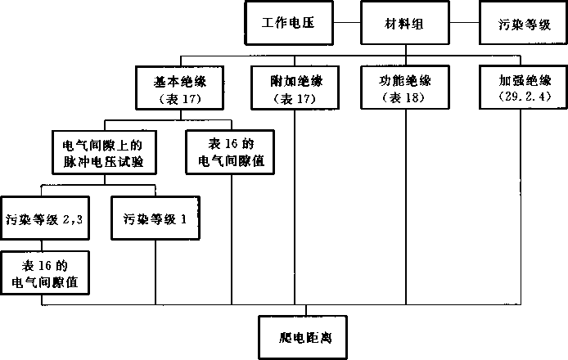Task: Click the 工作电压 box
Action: (x=289, y=23)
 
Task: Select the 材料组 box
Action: (x=406, y=23)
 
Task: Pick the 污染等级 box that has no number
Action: (x=521, y=24)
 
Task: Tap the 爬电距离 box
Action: (x=306, y=335)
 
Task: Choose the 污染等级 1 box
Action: (x=156, y=218)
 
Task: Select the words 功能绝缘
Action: (x=407, y=81)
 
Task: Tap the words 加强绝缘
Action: (x=521, y=81)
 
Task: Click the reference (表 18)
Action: (x=407, y=97)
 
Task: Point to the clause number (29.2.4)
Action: (x=521, y=97)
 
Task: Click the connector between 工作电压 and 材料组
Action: (x=346, y=23)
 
